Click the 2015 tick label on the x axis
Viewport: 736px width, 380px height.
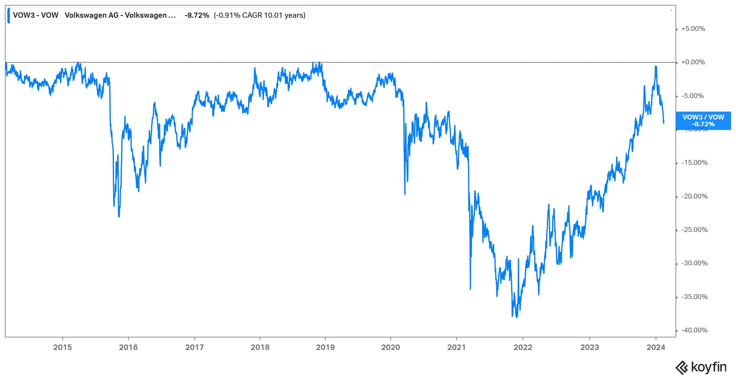(x=62, y=347)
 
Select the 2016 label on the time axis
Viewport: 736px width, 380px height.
(x=128, y=347)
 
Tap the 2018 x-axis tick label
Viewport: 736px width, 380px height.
(x=260, y=347)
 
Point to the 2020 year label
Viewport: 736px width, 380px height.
(x=390, y=347)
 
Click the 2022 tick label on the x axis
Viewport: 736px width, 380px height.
(x=523, y=347)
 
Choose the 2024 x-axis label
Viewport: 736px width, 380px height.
(x=656, y=347)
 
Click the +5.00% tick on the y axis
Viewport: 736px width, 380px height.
(x=693, y=29)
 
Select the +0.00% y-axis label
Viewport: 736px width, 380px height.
(x=693, y=62)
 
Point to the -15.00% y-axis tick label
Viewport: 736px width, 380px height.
(x=694, y=163)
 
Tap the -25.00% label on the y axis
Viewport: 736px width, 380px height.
(x=694, y=230)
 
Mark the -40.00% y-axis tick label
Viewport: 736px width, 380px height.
(x=694, y=330)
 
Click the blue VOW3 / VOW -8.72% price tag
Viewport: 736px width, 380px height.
(x=703, y=121)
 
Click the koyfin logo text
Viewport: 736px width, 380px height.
(x=708, y=367)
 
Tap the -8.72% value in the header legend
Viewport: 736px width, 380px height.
(x=197, y=15)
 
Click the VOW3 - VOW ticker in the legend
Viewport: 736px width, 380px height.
(x=36, y=15)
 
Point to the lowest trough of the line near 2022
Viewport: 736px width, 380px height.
(x=517, y=317)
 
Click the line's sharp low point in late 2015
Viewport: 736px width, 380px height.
(x=119, y=217)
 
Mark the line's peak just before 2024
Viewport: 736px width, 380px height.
(x=656, y=66)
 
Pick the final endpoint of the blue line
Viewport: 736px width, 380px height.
(x=664, y=123)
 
